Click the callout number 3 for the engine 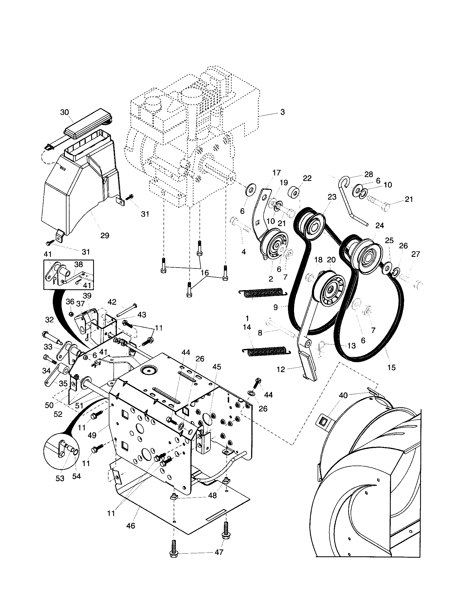(282, 112)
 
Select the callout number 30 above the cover (65, 112)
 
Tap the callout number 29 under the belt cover (105, 235)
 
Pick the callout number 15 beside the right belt (392, 367)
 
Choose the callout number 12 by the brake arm (281, 369)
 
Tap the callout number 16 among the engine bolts (205, 273)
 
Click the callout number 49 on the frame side (92, 435)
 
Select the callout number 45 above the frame (217, 367)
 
